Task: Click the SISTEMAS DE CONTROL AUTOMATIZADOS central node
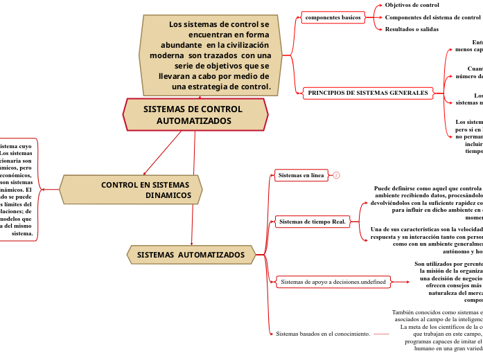point(195,115)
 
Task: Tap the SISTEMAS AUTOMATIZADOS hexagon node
point(191,255)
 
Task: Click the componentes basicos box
point(334,17)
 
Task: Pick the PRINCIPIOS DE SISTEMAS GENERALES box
point(367,92)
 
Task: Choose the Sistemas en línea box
point(301,175)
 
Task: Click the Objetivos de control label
point(412,5)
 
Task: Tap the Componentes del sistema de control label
point(432,17)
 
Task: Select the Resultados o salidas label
point(412,29)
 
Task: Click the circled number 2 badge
point(336,175)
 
